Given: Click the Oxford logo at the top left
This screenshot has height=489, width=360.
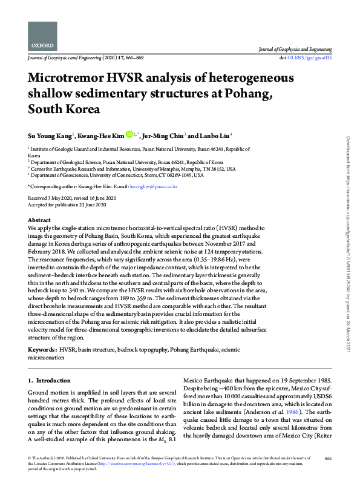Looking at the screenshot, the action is pos(42,38).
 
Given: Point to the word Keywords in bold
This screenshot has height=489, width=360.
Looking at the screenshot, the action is pos(43,350).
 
